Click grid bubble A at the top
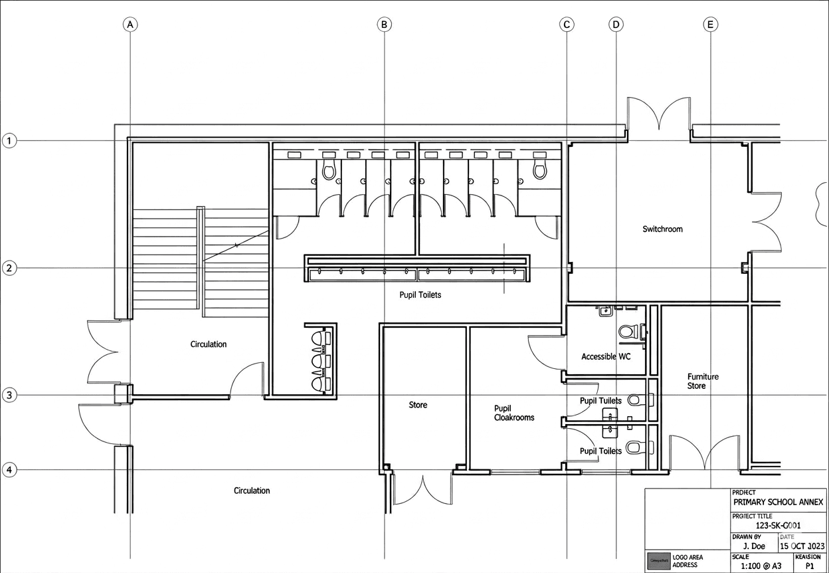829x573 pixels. [x=130, y=25]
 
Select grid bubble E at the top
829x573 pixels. [x=710, y=25]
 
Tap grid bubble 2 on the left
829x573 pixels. [x=9, y=268]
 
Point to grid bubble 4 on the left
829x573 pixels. [x=9, y=470]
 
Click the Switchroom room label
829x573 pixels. [x=662, y=229]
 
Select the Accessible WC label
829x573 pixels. [x=605, y=356]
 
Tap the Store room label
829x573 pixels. [x=418, y=405]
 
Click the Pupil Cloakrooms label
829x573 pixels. [x=513, y=413]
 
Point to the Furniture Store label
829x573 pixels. [x=703, y=381]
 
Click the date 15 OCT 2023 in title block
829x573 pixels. [x=802, y=546]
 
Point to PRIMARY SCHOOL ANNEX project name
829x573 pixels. [x=778, y=502]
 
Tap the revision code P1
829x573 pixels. [x=809, y=566]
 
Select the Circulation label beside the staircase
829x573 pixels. [x=208, y=344]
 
